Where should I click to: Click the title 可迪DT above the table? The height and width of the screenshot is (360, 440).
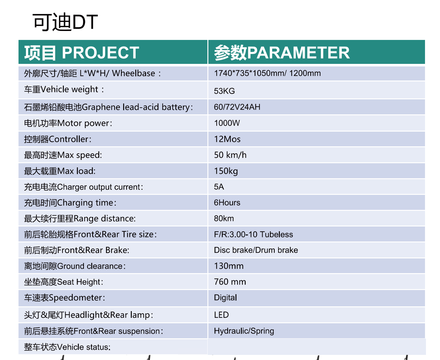point(65,22)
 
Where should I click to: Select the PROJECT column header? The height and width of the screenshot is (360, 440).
point(82,53)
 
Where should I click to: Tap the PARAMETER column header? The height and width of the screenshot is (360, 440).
point(282,53)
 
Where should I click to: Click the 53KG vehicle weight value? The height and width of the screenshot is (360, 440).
point(224,91)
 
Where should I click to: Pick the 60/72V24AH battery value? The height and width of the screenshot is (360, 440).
point(237,107)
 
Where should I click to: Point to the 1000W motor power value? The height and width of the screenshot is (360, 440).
point(227,123)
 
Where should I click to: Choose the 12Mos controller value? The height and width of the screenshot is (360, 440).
point(227,139)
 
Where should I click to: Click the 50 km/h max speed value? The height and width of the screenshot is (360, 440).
point(230,155)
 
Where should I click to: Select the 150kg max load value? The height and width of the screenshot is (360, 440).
point(226,171)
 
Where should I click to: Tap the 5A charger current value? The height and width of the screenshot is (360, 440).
point(219,187)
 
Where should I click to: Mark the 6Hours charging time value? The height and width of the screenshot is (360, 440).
point(227,203)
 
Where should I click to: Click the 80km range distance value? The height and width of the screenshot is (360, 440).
point(224,218)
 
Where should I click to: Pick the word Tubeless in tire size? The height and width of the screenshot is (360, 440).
point(276,234)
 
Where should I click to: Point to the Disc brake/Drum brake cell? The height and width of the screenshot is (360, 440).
point(256,250)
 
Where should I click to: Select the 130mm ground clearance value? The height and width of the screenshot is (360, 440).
point(229,266)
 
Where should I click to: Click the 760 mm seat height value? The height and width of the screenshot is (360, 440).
point(230,282)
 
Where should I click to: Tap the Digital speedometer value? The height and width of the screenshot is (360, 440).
point(225,298)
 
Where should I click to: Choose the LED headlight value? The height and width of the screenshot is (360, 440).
point(221,315)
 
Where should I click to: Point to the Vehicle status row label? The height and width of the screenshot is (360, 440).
point(67,347)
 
